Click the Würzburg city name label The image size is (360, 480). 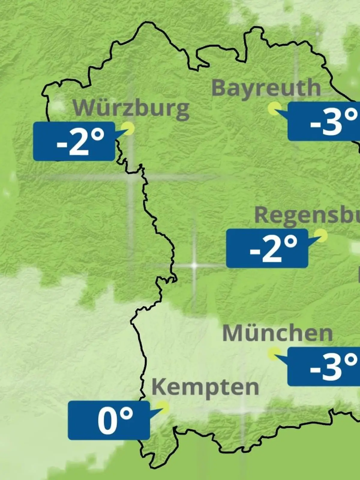point(131,108)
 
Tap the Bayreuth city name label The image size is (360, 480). point(266,88)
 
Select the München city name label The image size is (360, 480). point(277,333)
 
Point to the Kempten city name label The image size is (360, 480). point(205,387)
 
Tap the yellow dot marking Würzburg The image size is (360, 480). point(129,128)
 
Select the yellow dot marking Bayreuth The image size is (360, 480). point(274,108)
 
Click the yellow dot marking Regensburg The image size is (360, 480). point(321,235)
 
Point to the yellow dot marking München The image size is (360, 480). point(274,353)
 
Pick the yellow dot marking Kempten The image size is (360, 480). point(163,407)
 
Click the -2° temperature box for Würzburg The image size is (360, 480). point(74,141)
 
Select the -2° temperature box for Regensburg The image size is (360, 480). point(267,248)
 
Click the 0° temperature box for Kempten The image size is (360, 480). point(109,421)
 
